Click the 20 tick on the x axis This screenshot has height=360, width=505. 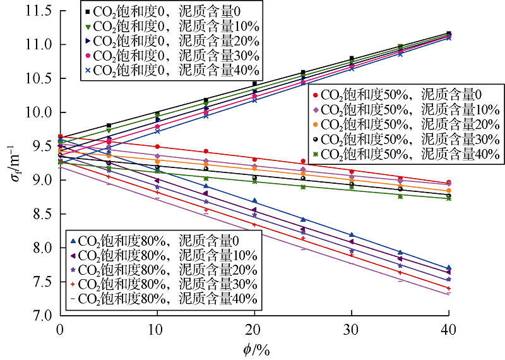254,329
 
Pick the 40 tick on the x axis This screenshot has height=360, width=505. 448,329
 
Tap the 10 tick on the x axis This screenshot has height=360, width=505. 157,329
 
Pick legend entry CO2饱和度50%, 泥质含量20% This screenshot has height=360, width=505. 404,124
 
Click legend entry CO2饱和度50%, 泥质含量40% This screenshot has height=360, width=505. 404,153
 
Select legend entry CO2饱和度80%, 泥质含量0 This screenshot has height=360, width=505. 163,240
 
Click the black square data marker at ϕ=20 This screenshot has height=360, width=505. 254,83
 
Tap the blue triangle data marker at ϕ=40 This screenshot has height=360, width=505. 448,268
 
